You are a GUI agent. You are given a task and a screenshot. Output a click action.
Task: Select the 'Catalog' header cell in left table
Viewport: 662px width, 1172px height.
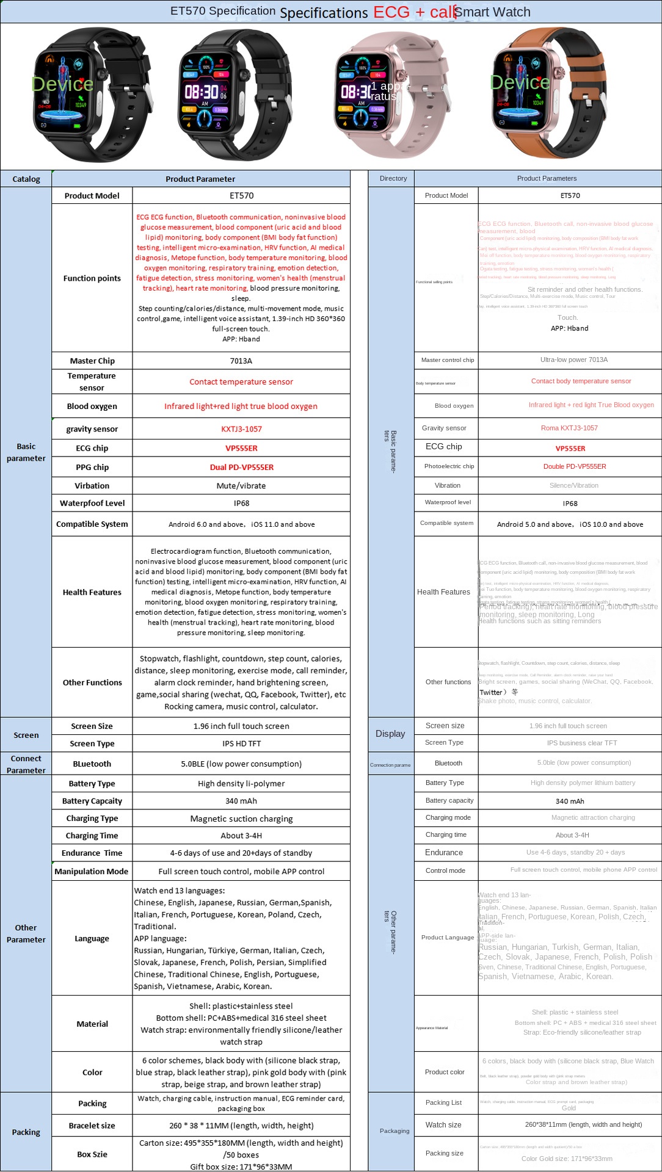[26, 179]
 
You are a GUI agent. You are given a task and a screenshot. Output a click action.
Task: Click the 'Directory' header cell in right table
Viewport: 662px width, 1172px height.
[393, 178]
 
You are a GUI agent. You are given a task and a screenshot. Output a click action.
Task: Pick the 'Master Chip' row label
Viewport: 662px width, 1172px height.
[92, 361]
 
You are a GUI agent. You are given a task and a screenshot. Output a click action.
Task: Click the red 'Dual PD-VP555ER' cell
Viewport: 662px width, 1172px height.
[241, 467]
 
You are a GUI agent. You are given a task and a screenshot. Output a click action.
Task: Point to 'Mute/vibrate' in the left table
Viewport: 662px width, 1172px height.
[241, 486]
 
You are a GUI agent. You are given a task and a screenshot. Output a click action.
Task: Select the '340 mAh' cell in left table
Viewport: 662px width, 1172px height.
[241, 801]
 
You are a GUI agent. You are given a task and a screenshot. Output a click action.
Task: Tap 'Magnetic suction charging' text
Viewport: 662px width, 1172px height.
[241, 819]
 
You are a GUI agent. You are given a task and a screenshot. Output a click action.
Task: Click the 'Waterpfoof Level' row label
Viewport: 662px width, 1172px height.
[92, 503]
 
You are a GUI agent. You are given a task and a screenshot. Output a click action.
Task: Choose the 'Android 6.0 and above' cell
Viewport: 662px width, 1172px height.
[241, 524]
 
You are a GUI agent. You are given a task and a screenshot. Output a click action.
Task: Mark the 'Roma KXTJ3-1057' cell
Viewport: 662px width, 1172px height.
[569, 428]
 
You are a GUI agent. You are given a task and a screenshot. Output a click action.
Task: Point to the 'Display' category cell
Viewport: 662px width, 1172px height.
[390, 734]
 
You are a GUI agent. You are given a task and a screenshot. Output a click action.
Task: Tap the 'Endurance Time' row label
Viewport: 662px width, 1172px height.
[92, 853]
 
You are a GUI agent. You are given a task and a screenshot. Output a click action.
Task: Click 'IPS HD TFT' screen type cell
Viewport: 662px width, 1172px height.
[241, 743]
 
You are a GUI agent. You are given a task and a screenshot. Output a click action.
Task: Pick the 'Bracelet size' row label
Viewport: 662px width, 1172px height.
[92, 1126]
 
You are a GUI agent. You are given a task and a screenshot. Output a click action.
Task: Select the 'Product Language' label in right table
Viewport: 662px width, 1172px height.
[448, 937]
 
